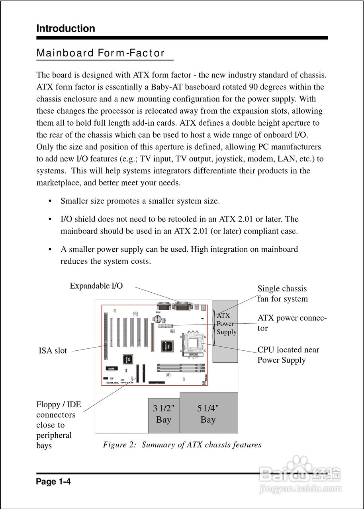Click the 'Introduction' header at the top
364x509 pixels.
[x=66, y=29]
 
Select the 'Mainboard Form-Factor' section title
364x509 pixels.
[x=100, y=53]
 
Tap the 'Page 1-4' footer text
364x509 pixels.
[x=53, y=482]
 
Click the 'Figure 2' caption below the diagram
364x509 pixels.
[x=182, y=445]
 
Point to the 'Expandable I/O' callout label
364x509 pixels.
[x=96, y=286]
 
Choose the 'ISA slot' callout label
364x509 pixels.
[x=53, y=351]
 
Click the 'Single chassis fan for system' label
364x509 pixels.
[x=282, y=294]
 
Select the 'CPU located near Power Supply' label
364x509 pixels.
[x=288, y=355]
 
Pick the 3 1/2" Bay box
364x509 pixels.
[x=164, y=415]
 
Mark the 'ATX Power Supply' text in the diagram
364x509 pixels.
[x=226, y=324]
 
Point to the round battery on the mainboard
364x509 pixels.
[x=158, y=319]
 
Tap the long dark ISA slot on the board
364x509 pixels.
[x=106, y=335]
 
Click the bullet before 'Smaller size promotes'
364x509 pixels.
[x=50, y=201]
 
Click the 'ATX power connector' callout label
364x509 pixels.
[x=292, y=323]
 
